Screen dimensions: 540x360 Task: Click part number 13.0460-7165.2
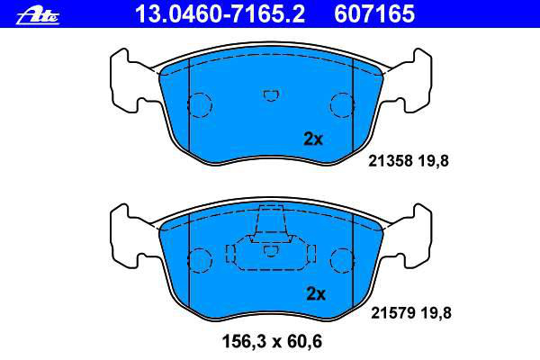(x=220, y=14)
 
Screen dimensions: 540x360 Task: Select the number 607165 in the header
(x=374, y=14)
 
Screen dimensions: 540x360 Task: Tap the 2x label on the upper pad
(x=313, y=139)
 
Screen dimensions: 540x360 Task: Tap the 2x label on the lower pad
(x=316, y=294)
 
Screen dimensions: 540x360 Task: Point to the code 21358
(x=391, y=161)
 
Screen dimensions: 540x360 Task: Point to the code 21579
(x=393, y=313)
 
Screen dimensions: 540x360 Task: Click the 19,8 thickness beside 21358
(x=433, y=161)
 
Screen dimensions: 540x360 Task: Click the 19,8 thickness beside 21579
(x=436, y=313)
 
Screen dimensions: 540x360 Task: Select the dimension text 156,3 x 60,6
(x=272, y=341)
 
